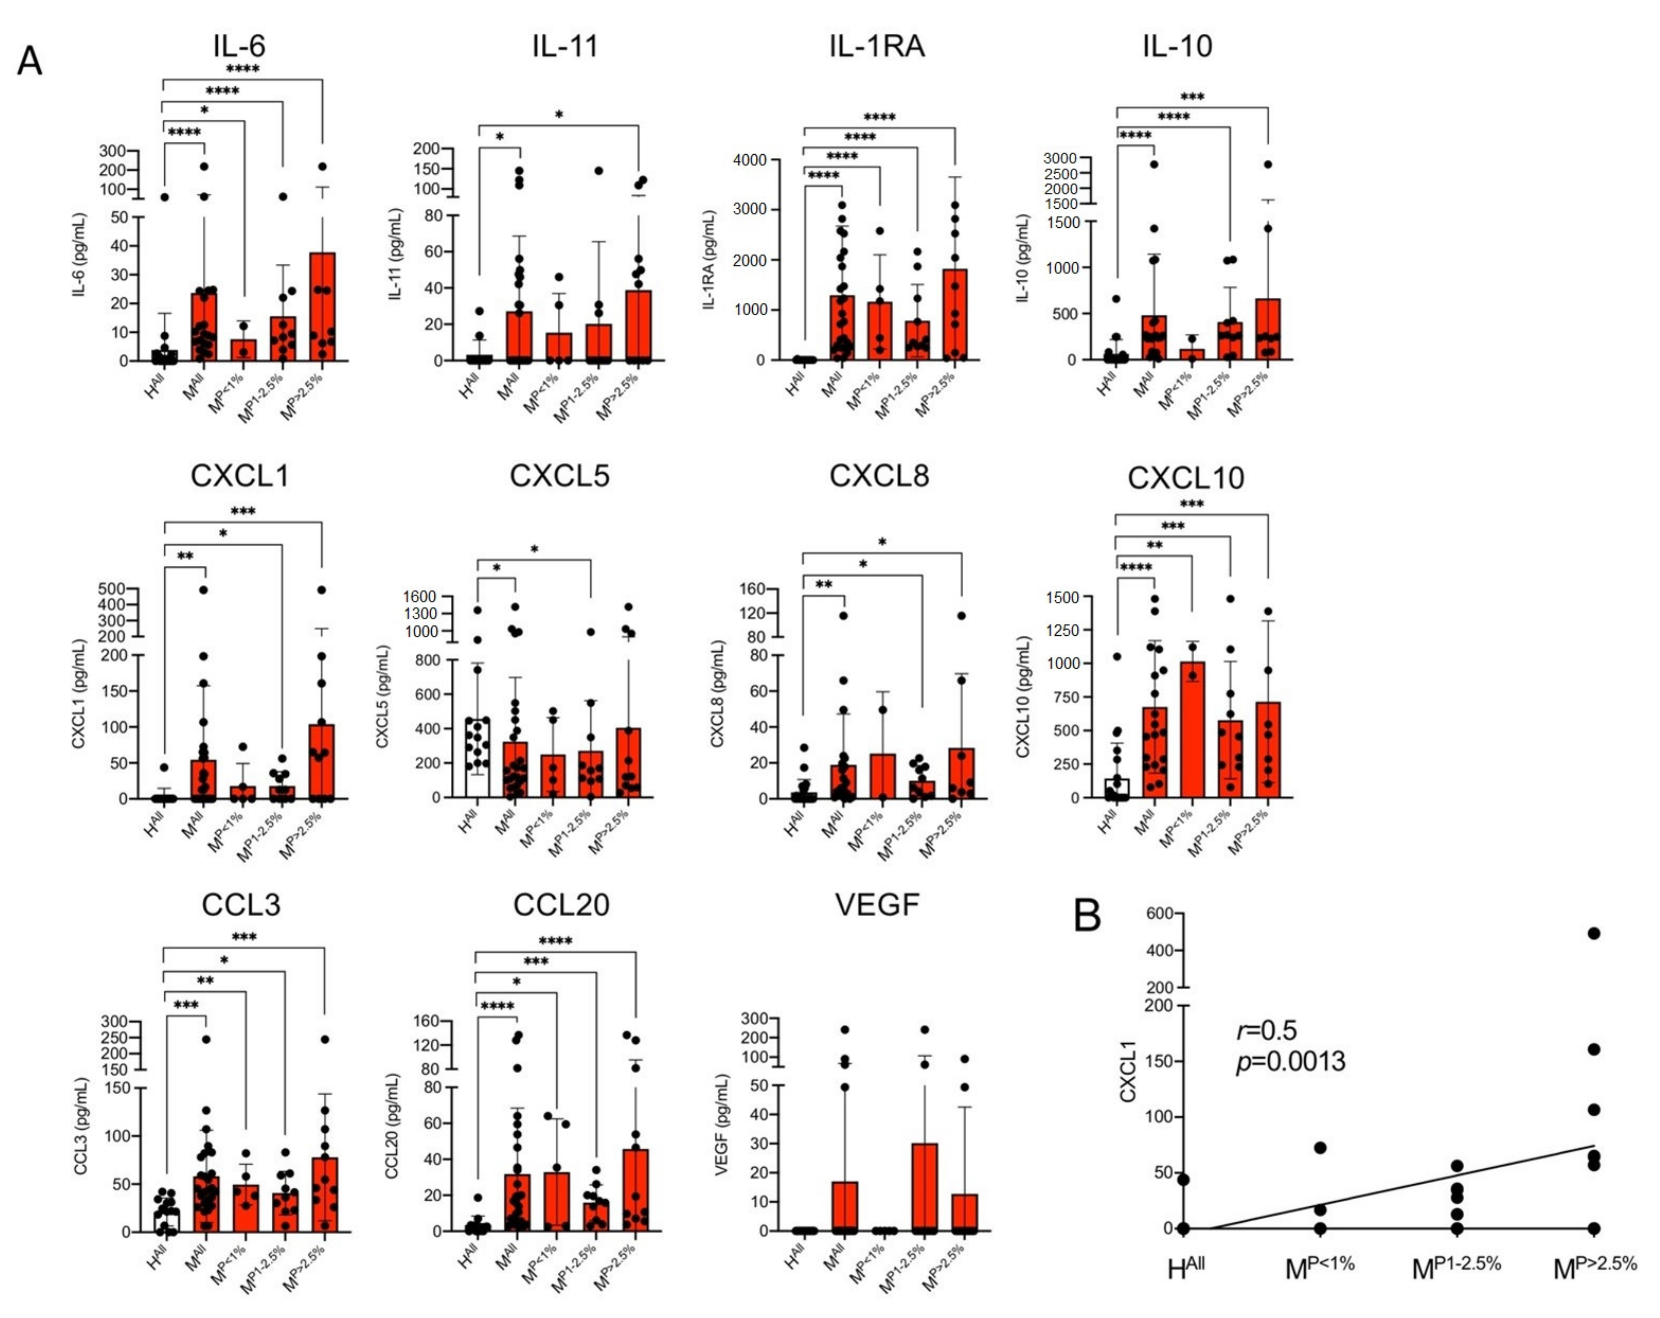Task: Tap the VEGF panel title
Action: (x=877, y=905)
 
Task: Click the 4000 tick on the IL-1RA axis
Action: (x=749, y=160)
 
